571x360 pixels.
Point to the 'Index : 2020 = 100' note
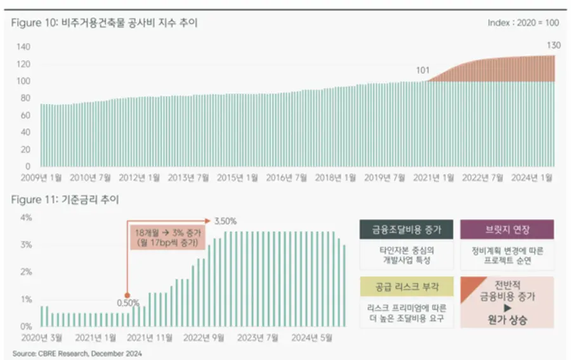point(523,23)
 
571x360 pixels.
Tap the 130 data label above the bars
point(553,45)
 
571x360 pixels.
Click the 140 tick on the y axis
point(23,47)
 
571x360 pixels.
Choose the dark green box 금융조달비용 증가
point(406,229)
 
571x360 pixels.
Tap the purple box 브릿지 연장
point(507,229)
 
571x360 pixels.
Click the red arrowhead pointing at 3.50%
point(210,222)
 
